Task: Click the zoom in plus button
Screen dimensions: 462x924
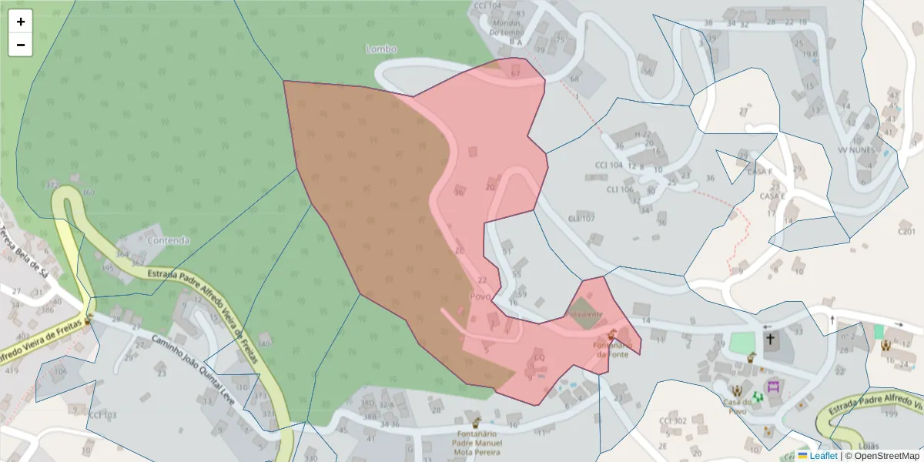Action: tap(21, 22)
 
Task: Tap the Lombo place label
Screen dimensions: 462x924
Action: tap(381, 49)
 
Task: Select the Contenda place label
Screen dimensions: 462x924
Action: tap(169, 240)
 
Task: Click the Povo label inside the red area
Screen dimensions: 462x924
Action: tap(480, 296)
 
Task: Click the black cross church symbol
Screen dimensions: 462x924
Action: tap(770, 339)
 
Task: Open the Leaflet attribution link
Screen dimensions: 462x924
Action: tap(822, 456)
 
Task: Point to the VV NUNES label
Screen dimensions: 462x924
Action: tap(856, 150)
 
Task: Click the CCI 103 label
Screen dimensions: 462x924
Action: tap(102, 415)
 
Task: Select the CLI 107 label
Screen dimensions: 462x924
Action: tap(581, 219)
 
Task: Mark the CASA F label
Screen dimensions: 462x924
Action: tap(760, 172)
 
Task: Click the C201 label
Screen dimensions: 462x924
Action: tap(907, 230)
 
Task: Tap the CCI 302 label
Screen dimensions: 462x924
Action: tap(672, 420)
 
